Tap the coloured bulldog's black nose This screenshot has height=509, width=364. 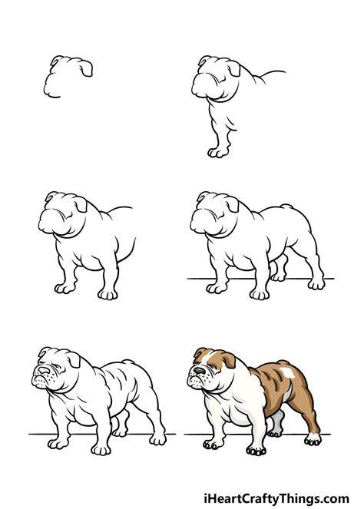point(199,371)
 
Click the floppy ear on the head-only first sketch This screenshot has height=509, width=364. point(86,68)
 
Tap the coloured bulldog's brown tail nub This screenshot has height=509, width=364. point(283,362)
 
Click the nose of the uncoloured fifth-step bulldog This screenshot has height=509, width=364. point(44,370)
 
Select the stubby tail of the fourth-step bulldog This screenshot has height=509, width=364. point(286,207)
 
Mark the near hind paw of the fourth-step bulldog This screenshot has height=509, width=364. point(316,284)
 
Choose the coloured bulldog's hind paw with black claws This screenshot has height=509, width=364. point(313,440)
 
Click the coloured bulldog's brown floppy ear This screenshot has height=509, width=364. point(230,359)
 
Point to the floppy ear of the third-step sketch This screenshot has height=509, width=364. point(81,204)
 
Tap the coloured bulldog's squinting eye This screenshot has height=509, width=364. point(213,367)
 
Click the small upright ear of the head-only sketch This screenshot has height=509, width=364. point(55,60)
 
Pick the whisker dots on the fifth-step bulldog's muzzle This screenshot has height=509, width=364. point(48,378)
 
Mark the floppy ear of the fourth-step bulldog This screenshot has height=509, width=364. point(232,204)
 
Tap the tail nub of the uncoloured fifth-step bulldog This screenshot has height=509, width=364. point(128,362)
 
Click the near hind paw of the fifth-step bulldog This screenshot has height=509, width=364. point(157,439)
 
